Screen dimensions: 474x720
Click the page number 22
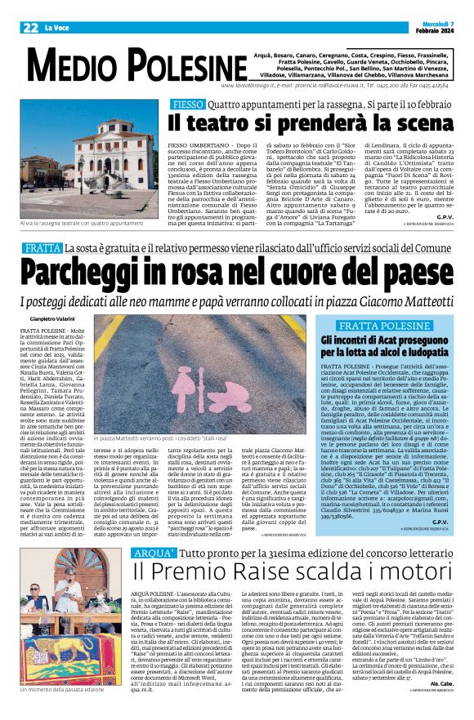click(30, 28)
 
